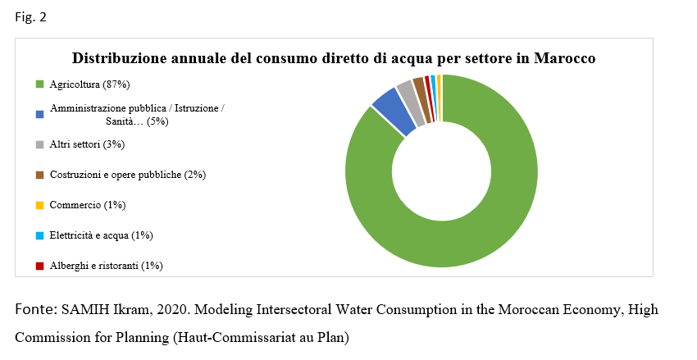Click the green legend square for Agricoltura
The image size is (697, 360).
click(39, 84)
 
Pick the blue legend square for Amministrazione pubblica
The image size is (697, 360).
click(39, 115)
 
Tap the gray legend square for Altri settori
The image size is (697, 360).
click(39, 145)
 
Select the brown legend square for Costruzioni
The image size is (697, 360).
click(39, 175)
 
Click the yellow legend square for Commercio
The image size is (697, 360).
click(39, 205)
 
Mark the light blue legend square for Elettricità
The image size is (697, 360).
click(39, 235)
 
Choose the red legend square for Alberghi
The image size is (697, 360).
click(39, 266)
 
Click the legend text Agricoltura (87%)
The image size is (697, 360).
click(89, 84)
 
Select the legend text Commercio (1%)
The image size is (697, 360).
click(88, 205)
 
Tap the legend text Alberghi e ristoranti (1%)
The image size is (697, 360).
click(106, 266)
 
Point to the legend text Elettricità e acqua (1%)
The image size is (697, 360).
click(101, 235)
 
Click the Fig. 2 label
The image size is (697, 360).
click(30, 18)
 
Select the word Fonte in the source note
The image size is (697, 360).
click(33, 310)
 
